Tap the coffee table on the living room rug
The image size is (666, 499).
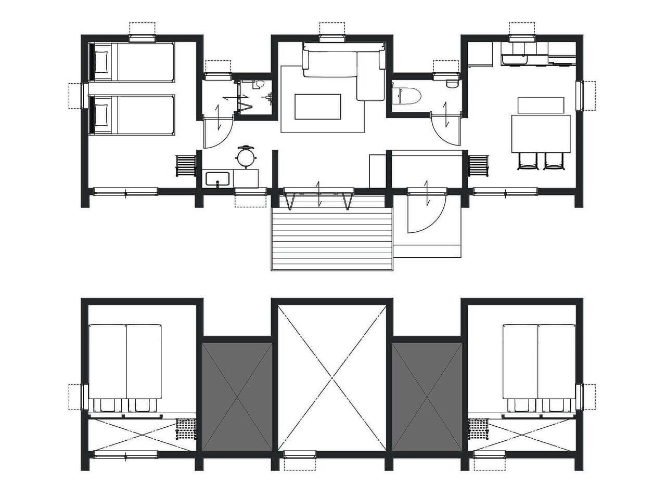coord(318,107)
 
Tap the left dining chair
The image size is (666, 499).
coord(527,161)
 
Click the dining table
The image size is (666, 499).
coord(541,133)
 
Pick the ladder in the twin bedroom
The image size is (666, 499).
coord(186,165)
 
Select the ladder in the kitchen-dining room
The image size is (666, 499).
coord(479,165)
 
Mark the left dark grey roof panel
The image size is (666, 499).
coord(237,396)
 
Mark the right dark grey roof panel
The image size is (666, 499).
coord(427,396)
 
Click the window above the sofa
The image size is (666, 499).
coord(332,37)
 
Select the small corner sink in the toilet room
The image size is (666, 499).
coord(452,83)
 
